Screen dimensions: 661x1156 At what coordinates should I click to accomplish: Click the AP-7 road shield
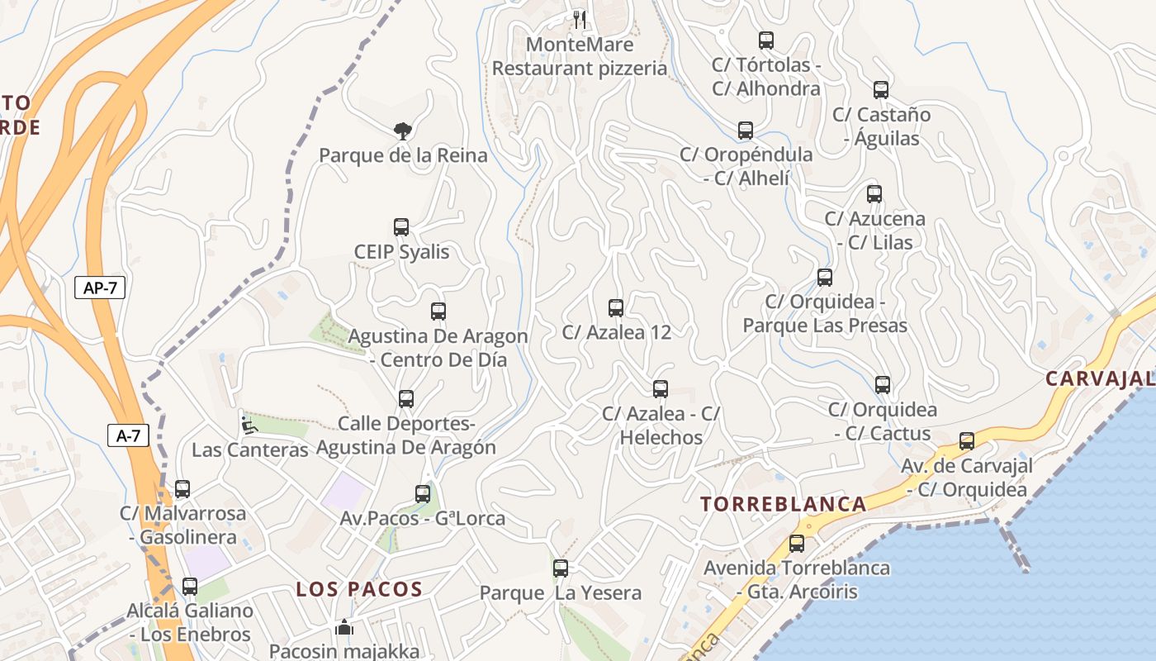(100, 288)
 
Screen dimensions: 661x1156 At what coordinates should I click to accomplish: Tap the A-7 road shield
(128, 435)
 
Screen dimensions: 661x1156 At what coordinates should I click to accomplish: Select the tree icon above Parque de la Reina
(402, 131)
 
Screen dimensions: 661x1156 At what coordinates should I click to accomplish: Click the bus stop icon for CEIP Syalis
(401, 227)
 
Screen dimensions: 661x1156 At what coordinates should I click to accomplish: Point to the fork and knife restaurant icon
(579, 18)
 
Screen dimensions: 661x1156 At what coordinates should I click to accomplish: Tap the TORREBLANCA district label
(784, 504)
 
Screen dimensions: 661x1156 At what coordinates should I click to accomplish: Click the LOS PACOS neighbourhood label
(359, 590)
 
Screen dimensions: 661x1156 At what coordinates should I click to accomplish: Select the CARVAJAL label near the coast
(1099, 378)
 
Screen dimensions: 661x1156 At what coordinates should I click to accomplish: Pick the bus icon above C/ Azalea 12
(616, 308)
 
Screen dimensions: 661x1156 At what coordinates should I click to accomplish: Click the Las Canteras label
(250, 450)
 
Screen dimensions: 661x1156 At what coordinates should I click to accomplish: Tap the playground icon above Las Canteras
(249, 426)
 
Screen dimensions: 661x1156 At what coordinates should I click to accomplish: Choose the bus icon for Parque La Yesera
(561, 568)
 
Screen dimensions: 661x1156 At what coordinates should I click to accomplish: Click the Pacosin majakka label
(344, 651)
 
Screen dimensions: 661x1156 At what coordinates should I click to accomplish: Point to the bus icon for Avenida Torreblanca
(797, 544)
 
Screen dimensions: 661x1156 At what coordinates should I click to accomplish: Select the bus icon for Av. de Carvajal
(967, 441)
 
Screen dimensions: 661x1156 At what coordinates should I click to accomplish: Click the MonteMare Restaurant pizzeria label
(580, 56)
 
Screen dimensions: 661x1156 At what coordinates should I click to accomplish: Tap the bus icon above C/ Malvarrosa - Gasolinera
(182, 489)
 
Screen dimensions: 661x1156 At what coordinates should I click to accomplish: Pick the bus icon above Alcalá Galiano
(190, 587)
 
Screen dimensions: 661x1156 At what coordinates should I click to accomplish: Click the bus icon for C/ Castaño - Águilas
(881, 90)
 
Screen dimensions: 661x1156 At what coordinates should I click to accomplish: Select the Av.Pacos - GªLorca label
(423, 519)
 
